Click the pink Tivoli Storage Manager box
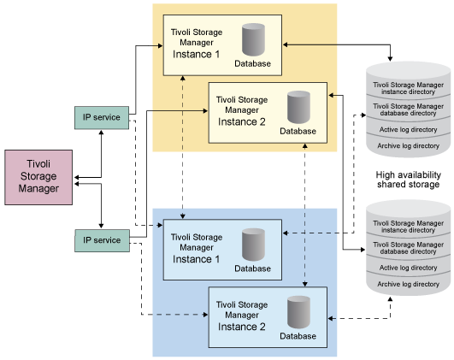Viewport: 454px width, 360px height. [x=38, y=177]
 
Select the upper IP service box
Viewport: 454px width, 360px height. [x=101, y=115]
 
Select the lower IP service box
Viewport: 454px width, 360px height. [x=101, y=240]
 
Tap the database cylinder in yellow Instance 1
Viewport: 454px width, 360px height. [x=254, y=41]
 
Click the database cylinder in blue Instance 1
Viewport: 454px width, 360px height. [x=254, y=245]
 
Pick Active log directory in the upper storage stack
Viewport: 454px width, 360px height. [x=408, y=129]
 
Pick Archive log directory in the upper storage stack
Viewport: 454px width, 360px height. [x=408, y=146]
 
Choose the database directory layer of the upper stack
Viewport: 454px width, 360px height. [x=408, y=109]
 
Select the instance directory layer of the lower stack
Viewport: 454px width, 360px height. [x=408, y=226]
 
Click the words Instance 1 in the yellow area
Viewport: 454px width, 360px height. [x=197, y=54]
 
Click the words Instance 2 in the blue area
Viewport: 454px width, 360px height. [x=242, y=326]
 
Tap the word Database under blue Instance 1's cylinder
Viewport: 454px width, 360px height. [x=253, y=269]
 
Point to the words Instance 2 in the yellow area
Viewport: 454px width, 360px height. [x=242, y=121]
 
